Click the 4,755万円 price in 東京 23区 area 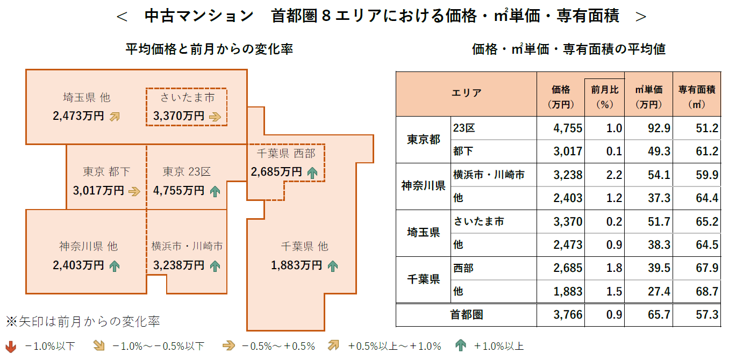pyautogui.click(x=178, y=190)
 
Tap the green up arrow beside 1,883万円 pyautogui.click(x=333, y=265)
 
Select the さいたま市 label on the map pyautogui.click(x=187, y=97)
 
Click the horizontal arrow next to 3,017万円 pyautogui.click(x=134, y=191)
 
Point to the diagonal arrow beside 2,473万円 pyautogui.click(x=115, y=116)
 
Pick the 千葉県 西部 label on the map pyautogui.click(x=285, y=154)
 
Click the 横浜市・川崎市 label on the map pyautogui.click(x=187, y=247)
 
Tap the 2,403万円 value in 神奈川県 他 pyautogui.click(x=78, y=265)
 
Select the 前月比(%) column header pyautogui.click(x=605, y=97)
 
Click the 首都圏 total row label pyautogui.click(x=466, y=315)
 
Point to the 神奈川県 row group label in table pyautogui.click(x=423, y=186)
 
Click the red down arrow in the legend pyautogui.click(x=10, y=346)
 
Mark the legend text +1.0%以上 pyautogui.click(x=498, y=346)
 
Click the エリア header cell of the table pyautogui.click(x=466, y=93)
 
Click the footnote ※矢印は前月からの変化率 pyautogui.click(x=83, y=322)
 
